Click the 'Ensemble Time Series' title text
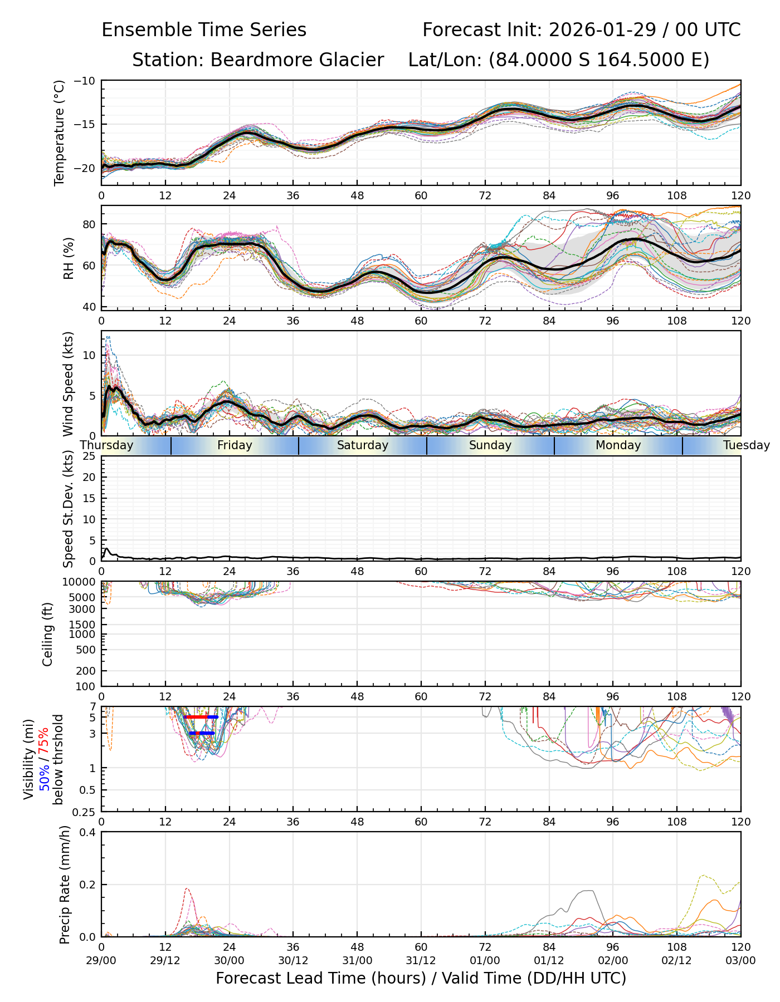click(x=204, y=30)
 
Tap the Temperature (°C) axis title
click(x=60, y=132)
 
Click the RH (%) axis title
click(x=69, y=258)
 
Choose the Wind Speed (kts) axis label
click(x=69, y=384)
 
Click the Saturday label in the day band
click(x=363, y=445)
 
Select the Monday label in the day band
click(x=618, y=445)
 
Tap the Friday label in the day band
click(x=235, y=445)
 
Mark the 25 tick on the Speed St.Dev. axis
click(x=89, y=456)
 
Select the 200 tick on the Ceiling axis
click(x=87, y=671)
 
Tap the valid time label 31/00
click(x=357, y=960)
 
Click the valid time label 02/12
click(x=677, y=960)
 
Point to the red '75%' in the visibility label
click(x=43, y=740)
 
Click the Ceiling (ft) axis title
click(x=48, y=634)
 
